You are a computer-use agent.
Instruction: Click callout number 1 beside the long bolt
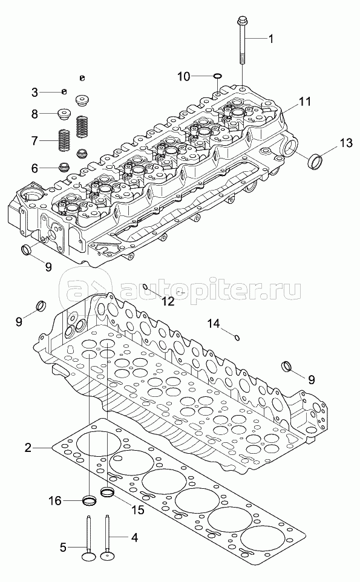click(271, 39)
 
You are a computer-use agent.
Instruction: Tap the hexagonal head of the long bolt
click(241, 19)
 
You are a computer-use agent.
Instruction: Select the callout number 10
click(184, 77)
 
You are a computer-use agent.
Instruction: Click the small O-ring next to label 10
click(217, 76)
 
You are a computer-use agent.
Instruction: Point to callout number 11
click(305, 101)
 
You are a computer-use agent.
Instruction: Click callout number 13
click(346, 143)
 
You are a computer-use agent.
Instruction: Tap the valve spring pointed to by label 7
click(65, 140)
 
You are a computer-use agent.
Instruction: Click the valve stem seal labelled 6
click(65, 166)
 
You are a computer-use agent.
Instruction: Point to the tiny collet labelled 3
click(64, 91)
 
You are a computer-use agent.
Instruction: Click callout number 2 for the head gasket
click(28, 448)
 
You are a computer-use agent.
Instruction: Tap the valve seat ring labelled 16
click(89, 500)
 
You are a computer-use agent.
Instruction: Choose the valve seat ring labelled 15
click(108, 492)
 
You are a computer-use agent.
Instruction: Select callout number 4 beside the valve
click(134, 537)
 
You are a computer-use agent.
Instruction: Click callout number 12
click(168, 301)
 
